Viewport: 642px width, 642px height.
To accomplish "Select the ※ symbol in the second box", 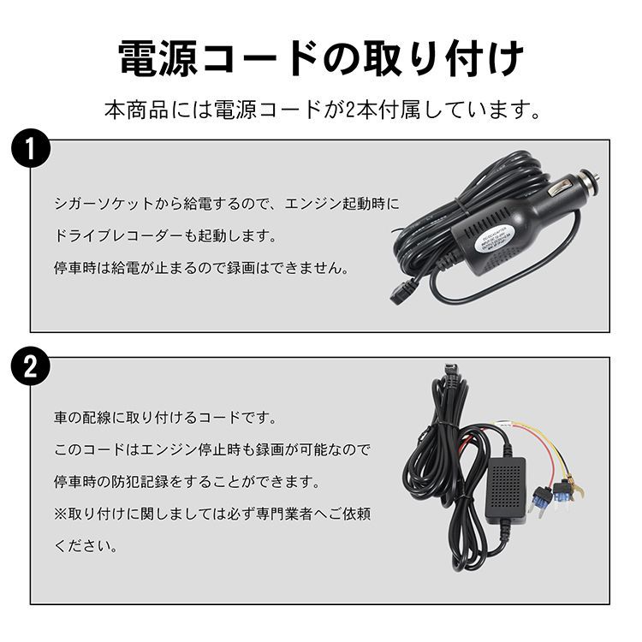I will tap(61, 514).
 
